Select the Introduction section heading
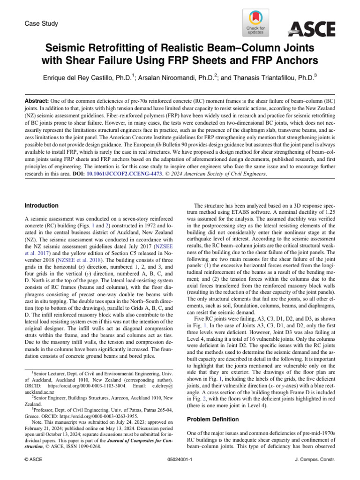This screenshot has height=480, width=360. (41, 205)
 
